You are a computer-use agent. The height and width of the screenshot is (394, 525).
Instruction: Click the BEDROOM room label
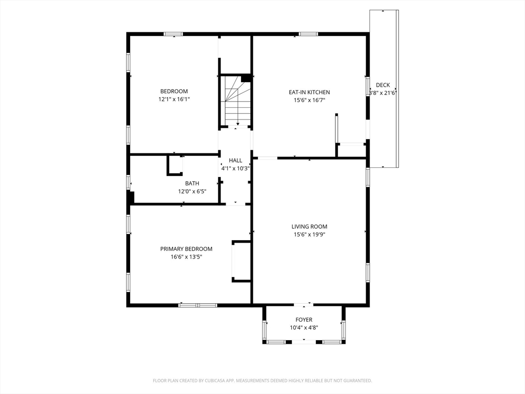174,91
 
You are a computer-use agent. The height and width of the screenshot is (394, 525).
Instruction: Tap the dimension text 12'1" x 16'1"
174,99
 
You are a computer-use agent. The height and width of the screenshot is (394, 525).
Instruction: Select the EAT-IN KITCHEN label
309,92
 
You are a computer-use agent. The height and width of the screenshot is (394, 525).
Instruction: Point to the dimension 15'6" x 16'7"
309,100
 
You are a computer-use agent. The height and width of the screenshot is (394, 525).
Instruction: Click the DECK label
382,85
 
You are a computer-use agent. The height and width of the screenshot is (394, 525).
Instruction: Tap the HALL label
235,161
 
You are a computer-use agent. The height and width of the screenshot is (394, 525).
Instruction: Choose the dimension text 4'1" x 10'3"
235,168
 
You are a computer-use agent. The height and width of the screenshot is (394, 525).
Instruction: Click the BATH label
192,183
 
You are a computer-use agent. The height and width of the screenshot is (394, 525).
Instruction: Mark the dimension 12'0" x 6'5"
192,192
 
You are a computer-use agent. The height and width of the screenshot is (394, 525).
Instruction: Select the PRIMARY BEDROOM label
186,249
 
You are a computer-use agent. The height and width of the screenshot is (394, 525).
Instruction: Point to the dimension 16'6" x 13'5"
187,257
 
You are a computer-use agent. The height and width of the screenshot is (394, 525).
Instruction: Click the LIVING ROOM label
309,226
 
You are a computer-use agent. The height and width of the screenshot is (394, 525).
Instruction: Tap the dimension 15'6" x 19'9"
309,234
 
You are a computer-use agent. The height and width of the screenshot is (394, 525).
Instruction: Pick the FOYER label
304,320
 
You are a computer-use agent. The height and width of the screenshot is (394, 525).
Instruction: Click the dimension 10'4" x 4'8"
304,328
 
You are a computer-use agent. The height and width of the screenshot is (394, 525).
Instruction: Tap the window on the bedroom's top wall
173,34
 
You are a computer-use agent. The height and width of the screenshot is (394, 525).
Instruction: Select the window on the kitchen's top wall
308,34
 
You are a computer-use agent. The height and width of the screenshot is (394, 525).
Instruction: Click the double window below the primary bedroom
198,305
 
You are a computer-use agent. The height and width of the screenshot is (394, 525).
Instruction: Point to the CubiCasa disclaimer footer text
262,381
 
